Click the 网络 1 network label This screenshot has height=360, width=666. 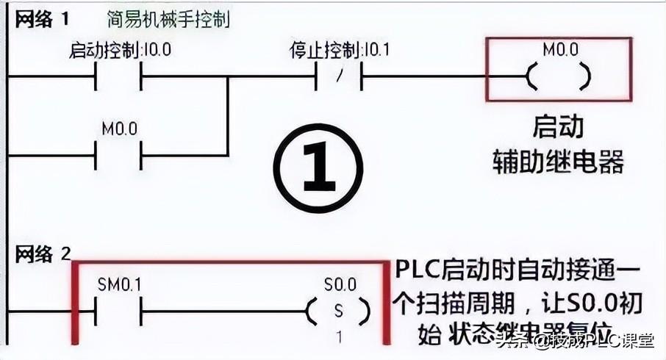click(x=42, y=18)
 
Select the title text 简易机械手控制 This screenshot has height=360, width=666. click(x=167, y=18)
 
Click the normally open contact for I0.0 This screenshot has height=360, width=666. click(x=118, y=76)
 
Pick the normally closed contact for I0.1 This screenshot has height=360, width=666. click(x=338, y=76)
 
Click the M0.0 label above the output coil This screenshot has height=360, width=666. click(x=560, y=50)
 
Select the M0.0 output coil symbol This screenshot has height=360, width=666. click(x=559, y=76)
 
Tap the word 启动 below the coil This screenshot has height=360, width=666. click(x=558, y=127)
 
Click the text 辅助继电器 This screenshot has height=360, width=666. click(x=558, y=162)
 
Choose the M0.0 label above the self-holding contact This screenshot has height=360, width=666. click(x=118, y=129)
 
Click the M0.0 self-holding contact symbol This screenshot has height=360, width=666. click(x=118, y=155)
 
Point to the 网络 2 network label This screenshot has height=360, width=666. click(x=43, y=254)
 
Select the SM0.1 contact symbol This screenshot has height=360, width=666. click(x=118, y=311)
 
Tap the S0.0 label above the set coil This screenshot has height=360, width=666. click(x=339, y=284)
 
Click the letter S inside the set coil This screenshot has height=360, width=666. click(x=339, y=311)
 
